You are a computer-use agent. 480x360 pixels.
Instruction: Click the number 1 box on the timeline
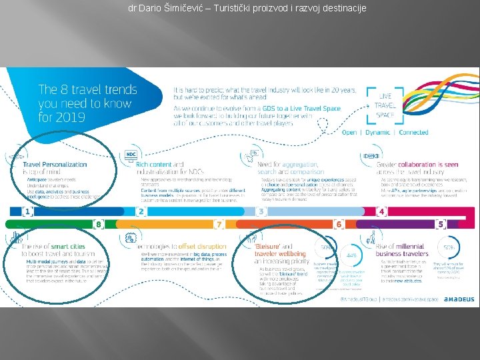tap(28, 212)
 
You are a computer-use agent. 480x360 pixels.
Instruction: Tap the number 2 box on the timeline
tap(141, 212)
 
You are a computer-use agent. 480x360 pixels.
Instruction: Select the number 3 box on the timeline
tap(261, 212)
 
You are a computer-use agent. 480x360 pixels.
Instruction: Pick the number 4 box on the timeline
tap(381, 212)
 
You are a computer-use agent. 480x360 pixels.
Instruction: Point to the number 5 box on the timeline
tap(441, 224)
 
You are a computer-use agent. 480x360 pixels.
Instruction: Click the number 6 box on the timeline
tap(339, 224)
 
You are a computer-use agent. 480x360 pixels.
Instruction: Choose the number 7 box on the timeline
tap(218, 224)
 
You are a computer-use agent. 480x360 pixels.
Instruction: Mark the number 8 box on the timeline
tap(98, 224)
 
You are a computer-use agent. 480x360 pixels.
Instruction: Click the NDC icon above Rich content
tap(131, 155)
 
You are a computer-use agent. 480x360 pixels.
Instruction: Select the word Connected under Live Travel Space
tap(413, 132)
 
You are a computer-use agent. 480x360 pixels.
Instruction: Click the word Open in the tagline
tap(349, 132)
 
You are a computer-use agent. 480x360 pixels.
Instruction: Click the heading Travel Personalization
tap(55, 165)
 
